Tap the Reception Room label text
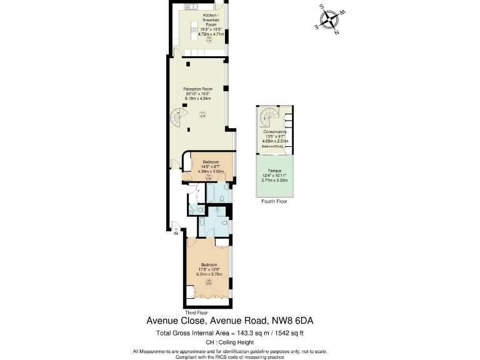point(196,89)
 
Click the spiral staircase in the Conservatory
point(269,116)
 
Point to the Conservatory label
point(275,132)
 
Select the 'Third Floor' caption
point(196,311)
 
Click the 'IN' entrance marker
point(176,234)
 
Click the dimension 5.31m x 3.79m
point(209,274)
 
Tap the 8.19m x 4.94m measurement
point(196,99)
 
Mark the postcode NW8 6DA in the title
point(292,321)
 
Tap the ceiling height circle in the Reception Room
point(202,114)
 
